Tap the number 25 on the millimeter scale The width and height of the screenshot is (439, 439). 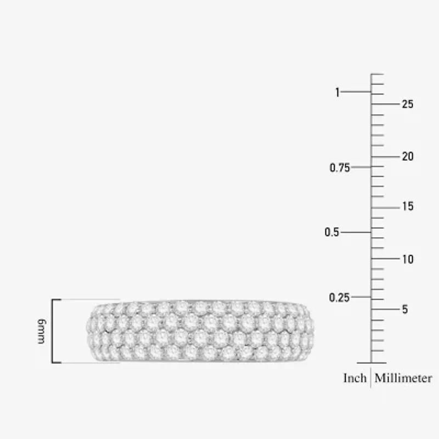click(x=408, y=104)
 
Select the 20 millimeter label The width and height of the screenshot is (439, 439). click(x=408, y=156)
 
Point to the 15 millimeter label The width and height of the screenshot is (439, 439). click(x=408, y=206)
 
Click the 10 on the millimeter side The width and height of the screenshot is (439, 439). click(x=408, y=259)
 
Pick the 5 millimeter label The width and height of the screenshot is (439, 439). click(x=405, y=309)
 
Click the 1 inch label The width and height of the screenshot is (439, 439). click(x=337, y=92)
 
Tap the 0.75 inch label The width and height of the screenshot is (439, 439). click(x=340, y=168)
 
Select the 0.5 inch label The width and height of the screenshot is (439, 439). click(x=332, y=232)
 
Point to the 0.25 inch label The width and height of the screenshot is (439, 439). click(x=339, y=297)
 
